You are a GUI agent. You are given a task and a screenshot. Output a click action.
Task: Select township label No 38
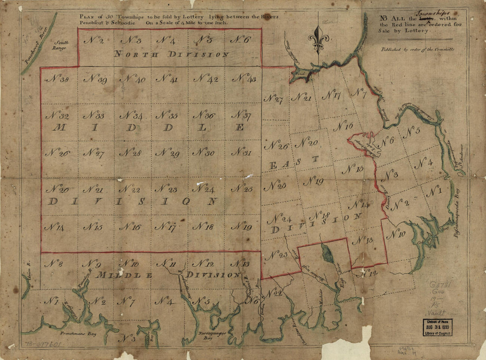click(x=57, y=80)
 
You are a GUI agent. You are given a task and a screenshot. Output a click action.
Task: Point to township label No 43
click(x=244, y=79)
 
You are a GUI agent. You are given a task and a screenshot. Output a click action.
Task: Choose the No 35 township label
click(x=167, y=116)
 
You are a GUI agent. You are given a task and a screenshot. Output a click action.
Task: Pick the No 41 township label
click(x=167, y=79)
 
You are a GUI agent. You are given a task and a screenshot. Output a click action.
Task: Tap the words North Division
click(x=171, y=54)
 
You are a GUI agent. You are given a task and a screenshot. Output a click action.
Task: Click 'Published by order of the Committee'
click(x=418, y=50)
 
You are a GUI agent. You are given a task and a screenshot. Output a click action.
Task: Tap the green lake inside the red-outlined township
click(x=328, y=253)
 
